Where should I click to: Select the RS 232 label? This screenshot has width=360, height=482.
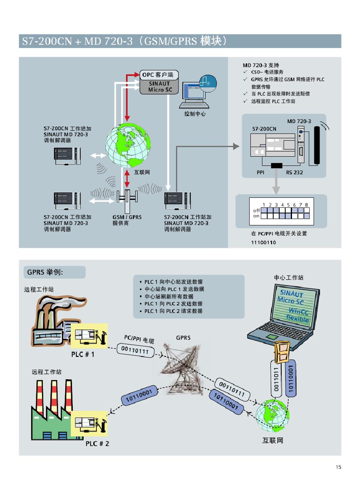(x=294, y=173)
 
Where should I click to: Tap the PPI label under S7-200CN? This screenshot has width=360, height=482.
(x=262, y=173)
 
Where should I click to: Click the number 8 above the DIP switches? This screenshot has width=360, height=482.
(x=306, y=205)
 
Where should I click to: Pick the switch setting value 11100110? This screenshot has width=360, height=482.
(x=264, y=243)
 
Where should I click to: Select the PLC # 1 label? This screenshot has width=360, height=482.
(x=83, y=355)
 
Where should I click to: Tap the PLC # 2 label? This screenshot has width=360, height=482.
(x=97, y=444)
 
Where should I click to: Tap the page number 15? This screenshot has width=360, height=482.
(x=338, y=467)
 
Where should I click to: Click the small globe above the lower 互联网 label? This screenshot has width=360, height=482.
(x=272, y=417)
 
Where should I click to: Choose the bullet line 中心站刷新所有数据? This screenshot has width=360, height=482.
(x=169, y=297)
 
